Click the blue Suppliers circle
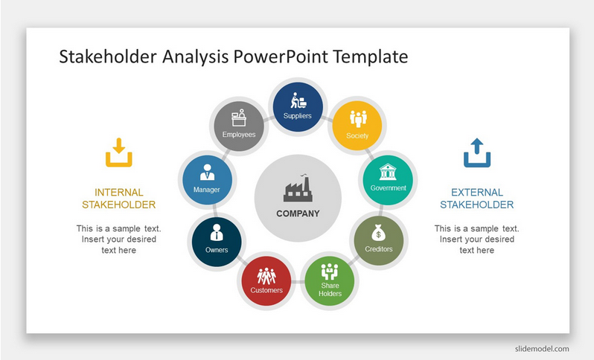(298, 107)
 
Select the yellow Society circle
(357, 126)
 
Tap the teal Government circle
(388, 180)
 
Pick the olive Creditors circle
(379, 241)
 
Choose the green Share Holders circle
(330, 281)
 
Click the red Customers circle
(266, 281)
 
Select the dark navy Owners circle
(217, 242)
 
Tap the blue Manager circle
(207, 180)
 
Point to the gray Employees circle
(239, 126)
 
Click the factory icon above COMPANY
(298, 188)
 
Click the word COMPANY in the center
(298, 213)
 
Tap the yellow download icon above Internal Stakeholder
(119, 152)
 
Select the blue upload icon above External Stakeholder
(477, 152)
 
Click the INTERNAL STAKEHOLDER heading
(119, 199)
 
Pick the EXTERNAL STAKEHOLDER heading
(477, 199)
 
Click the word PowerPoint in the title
(281, 57)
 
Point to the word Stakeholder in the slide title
(108, 57)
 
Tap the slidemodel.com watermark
(542, 349)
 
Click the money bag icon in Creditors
(378, 233)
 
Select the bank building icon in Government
(388, 172)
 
